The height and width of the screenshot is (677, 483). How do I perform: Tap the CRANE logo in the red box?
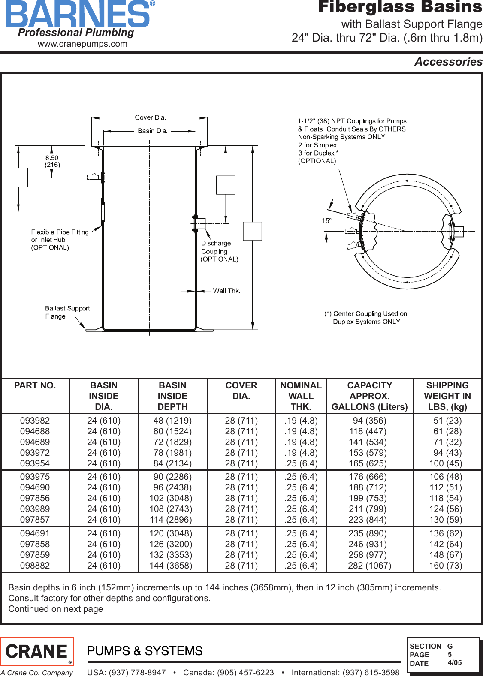click(x=37, y=651)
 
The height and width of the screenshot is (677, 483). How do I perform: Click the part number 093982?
click(x=35, y=421)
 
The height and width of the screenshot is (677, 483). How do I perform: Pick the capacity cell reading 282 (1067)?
click(x=369, y=566)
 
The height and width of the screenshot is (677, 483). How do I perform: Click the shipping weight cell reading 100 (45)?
click(x=445, y=463)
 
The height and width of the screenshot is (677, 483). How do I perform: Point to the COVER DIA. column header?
click(x=241, y=391)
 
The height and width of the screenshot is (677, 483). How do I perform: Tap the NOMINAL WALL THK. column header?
click(x=301, y=396)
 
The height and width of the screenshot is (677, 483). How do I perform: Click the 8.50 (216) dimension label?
click(x=52, y=161)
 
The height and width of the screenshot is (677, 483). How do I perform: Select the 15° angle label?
click(x=326, y=221)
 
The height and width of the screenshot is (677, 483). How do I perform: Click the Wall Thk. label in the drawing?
click(x=226, y=291)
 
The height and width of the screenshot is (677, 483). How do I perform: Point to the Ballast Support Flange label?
click(x=67, y=312)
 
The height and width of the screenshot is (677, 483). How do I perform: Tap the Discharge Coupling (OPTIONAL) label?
click(x=219, y=251)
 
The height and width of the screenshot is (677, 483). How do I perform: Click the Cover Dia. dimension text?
click(x=150, y=117)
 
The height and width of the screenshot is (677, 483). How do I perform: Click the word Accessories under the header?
click(x=448, y=62)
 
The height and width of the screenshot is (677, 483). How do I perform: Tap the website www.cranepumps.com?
click(x=82, y=44)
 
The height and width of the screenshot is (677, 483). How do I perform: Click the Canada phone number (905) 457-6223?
click(x=229, y=672)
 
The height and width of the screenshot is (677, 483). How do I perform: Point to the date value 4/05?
click(x=455, y=662)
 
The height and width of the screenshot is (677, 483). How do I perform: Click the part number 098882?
click(x=35, y=566)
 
